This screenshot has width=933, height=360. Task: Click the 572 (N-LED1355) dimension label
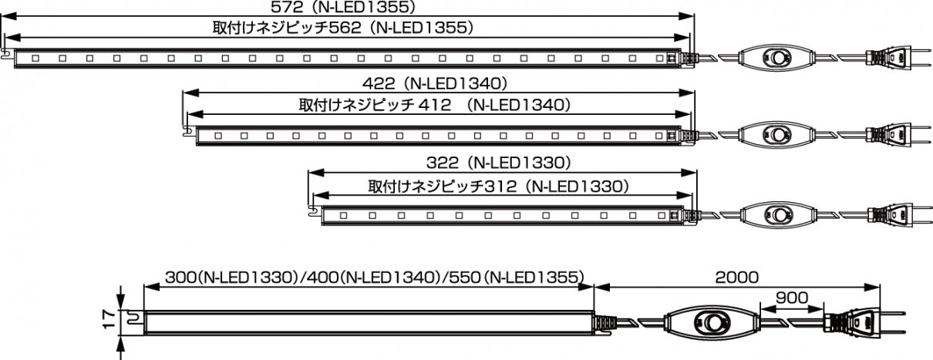tap(344, 7)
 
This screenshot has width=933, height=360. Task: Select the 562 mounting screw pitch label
tap(342, 28)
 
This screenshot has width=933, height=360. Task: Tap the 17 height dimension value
tap(108, 318)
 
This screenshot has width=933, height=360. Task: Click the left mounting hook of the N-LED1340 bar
tap(187, 130)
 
